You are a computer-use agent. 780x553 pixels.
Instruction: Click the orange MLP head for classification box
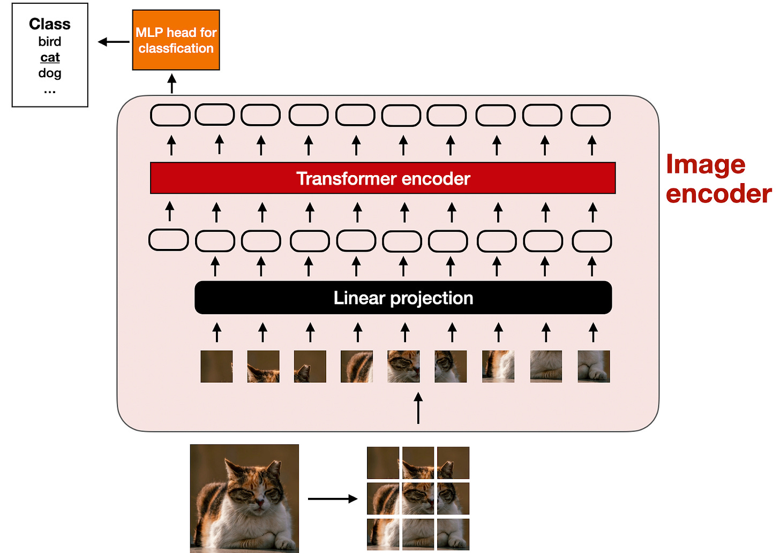(x=176, y=40)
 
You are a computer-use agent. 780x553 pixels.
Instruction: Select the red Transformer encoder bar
(x=382, y=178)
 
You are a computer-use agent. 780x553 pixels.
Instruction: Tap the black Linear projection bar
(x=403, y=298)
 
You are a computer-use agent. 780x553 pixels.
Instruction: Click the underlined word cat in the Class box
(x=50, y=57)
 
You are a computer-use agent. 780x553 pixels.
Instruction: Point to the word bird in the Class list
(x=50, y=41)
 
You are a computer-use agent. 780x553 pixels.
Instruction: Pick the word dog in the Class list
(x=50, y=73)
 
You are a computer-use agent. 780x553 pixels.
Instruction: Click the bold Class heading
(x=50, y=24)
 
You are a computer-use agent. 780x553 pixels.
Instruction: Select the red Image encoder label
(x=718, y=179)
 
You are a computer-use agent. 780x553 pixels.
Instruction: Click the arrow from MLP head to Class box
(x=114, y=42)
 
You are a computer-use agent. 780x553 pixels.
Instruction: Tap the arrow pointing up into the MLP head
(x=171, y=84)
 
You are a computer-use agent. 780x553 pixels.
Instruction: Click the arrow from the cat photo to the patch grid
(x=332, y=499)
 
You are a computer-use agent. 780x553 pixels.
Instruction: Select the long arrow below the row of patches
(x=418, y=408)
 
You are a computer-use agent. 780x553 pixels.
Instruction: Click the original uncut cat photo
(x=244, y=498)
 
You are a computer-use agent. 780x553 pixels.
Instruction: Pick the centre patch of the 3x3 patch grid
(x=418, y=498)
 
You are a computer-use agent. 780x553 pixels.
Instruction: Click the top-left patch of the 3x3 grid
(x=382, y=463)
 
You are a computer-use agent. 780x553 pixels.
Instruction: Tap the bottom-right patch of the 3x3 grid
(x=453, y=534)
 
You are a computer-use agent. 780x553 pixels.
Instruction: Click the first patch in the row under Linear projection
(x=216, y=366)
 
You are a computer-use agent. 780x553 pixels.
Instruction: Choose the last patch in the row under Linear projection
(x=594, y=366)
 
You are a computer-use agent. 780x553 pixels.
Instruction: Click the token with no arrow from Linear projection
(x=168, y=240)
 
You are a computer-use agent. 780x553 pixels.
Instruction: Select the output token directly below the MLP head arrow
(x=170, y=116)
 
